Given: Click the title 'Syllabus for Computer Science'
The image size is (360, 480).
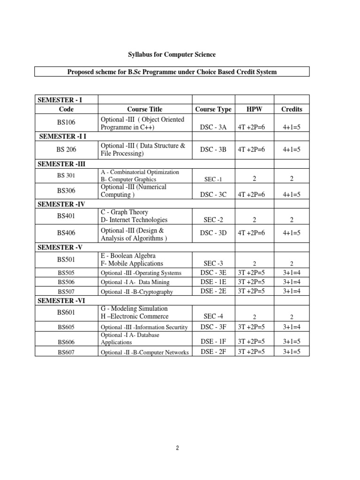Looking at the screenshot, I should (x=172, y=55).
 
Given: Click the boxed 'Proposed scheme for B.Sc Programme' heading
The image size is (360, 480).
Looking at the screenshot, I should (x=172, y=72).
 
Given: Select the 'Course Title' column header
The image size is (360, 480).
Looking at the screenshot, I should (x=144, y=109).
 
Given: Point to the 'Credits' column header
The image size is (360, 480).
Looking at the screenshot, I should (x=292, y=109).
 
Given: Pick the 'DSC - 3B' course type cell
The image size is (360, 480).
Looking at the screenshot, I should (x=213, y=150).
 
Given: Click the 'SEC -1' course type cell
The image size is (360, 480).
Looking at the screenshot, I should (x=213, y=180).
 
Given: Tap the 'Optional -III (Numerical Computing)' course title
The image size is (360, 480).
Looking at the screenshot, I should (x=134, y=191).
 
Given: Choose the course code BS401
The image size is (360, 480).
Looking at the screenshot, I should (x=66, y=216).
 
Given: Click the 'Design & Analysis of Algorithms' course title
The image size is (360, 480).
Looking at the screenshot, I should (x=134, y=234).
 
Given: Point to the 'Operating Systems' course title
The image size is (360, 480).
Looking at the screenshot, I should (x=141, y=273).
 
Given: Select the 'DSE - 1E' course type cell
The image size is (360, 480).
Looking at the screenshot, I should (x=213, y=282).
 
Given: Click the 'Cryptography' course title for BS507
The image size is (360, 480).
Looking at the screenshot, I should (x=137, y=292).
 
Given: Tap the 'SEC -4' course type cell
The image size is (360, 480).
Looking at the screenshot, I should (x=213, y=316).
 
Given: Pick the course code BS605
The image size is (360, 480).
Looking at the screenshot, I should (x=66, y=327).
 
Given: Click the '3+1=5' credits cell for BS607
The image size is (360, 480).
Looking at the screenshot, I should (x=292, y=352).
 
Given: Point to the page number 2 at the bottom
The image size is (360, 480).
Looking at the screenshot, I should (x=178, y=448).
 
